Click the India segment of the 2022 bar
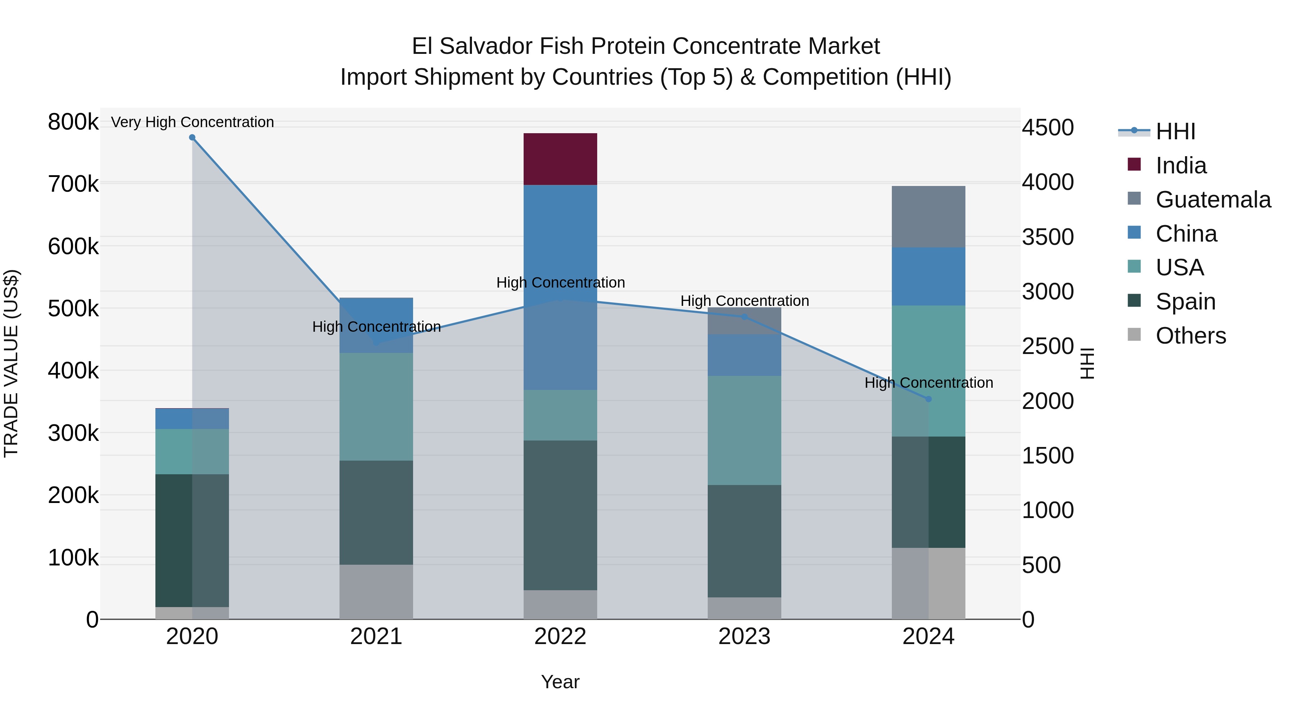tap(560, 159)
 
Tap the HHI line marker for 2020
tap(192, 138)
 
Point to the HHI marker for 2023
tap(744, 317)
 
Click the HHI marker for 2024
tap(928, 399)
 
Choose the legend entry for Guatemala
tap(1213, 200)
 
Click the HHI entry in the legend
tap(1175, 131)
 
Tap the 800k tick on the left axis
tap(73, 122)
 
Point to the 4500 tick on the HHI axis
tap(1048, 127)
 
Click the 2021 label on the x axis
tap(376, 637)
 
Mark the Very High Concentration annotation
tap(192, 122)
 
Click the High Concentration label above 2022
tap(560, 283)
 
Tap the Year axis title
tap(560, 682)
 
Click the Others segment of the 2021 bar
tap(376, 592)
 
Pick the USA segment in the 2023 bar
tap(744, 430)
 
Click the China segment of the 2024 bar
tap(928, 276)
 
